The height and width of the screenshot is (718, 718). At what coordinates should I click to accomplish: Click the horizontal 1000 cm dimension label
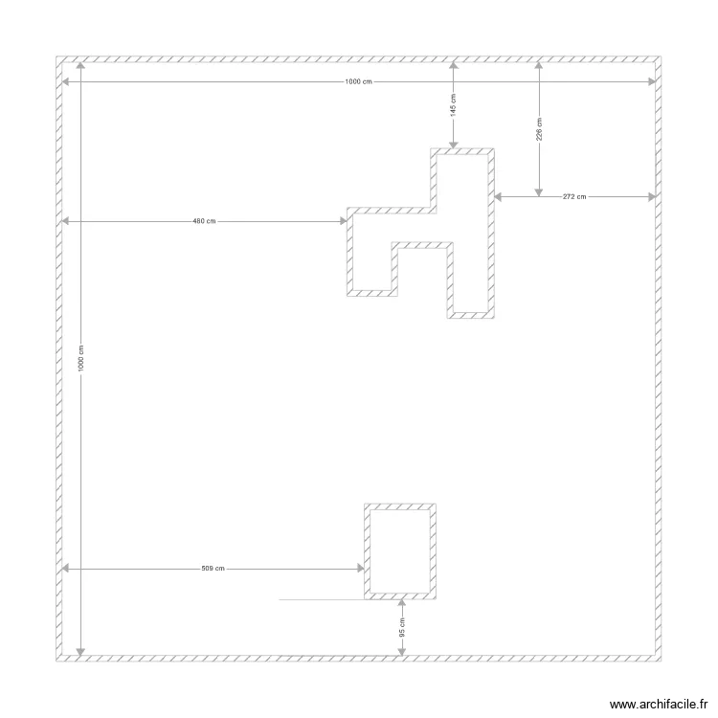[359, 82]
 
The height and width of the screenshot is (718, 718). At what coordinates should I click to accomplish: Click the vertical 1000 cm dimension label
[80, 359]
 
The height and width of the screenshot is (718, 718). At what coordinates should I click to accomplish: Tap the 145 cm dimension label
[453, 104]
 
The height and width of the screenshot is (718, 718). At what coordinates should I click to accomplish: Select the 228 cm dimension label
[539, 129]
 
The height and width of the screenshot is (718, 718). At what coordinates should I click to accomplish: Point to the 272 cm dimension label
[574, 197]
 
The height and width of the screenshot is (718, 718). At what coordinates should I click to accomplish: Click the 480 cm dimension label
[204, 221]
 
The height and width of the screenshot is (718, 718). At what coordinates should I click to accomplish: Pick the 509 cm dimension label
[213, 569]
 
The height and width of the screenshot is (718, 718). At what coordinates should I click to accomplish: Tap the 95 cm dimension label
[401, 628]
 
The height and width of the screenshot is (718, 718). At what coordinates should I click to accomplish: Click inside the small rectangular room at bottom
[399, 550]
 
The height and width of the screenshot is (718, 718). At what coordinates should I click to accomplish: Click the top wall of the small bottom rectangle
[399, 506]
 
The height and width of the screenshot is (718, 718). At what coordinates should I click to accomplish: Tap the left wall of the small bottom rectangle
[368, 550]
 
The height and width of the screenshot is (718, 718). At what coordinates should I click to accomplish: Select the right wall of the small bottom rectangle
[432, 550]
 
